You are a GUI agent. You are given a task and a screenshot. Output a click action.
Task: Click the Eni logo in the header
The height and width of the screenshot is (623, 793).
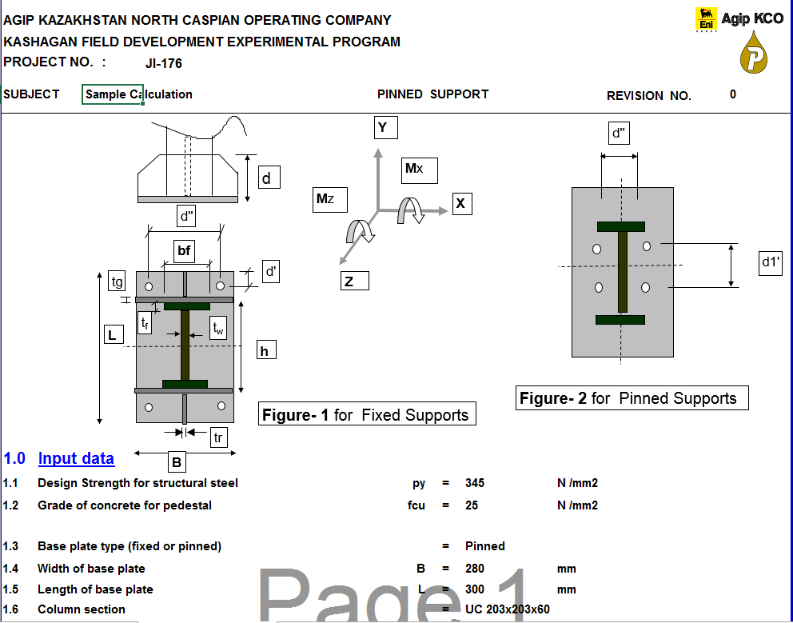(x=706, y=20)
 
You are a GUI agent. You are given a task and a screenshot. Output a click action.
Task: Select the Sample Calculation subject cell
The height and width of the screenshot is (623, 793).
(x=113, y=94)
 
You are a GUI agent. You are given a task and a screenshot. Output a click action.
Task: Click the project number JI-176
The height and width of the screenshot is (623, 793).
(x=164, y=63)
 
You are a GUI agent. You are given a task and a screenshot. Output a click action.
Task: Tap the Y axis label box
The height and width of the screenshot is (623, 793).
(x=385, y=128)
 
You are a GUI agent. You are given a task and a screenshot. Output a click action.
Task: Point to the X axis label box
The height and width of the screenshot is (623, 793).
(x=460, y=204)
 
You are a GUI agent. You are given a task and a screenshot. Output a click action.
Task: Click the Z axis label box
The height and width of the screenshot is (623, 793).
(x=352, y=281)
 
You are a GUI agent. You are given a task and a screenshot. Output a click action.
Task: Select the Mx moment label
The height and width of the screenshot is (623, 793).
(x=419, y=170)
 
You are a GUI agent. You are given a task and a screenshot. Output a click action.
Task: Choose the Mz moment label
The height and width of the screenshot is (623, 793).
(x=330, y=199)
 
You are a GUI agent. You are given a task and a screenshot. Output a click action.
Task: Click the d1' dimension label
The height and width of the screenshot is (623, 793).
(x=770, y=262)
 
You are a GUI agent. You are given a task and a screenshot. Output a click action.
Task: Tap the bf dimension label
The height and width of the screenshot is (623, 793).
(x=185, y=251)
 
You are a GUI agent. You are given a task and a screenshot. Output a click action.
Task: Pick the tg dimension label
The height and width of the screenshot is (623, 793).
(x=118, y=281)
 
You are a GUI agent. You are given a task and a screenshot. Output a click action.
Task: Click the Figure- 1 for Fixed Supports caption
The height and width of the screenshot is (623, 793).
(x=367, y=414)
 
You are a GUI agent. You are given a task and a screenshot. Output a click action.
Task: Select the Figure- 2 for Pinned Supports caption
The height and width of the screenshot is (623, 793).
(x=632, y=398)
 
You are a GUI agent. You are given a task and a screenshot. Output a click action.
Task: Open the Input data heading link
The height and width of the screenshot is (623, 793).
(x=76, y=458)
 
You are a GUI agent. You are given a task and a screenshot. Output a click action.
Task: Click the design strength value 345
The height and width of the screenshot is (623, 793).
(x=475, y=483)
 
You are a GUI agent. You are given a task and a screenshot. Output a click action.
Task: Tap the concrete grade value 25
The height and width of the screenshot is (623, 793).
(x=472, y=505)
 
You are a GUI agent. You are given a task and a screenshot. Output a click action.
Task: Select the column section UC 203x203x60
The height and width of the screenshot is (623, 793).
(x=508, y=609)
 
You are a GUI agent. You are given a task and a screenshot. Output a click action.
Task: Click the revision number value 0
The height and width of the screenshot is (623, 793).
(x=733, y=94)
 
